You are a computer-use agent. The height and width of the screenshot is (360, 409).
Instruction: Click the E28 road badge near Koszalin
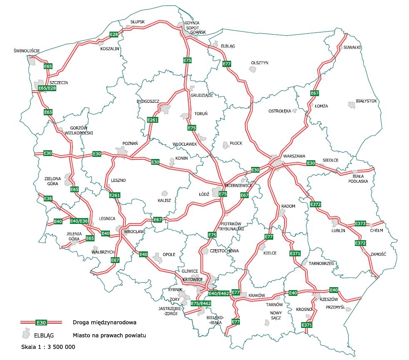[114, 34]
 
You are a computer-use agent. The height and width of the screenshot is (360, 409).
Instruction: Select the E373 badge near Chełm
[360, 223]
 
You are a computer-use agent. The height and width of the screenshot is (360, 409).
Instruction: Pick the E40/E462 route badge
[219, 294]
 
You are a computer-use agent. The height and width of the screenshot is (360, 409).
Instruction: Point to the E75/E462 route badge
[201, 303]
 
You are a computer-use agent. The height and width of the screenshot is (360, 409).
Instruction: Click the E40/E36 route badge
[79, 221]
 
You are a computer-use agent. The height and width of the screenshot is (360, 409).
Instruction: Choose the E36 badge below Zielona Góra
[48, 199]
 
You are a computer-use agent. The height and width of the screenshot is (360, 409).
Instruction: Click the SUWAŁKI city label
[352, 47]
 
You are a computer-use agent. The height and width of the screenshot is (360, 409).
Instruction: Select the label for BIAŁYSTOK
[366, 101]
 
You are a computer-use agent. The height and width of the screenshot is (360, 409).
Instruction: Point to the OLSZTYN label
[259, 63]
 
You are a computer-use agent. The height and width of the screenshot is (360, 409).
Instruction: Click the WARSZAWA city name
[294, 156]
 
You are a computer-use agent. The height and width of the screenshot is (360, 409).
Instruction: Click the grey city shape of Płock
[226, 145]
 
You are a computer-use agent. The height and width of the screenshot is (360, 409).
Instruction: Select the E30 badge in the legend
[41, 322]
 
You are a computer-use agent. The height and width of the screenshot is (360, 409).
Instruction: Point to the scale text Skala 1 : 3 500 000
[48, 346]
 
